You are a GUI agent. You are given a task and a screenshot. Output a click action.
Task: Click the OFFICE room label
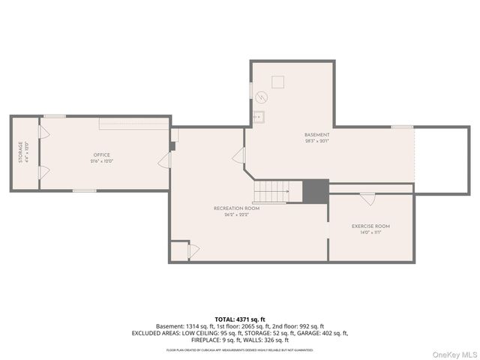click(101, 155)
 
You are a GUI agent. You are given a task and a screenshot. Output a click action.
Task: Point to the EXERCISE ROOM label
click(370, 226)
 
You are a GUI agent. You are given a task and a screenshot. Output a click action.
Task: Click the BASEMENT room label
click(316, 134)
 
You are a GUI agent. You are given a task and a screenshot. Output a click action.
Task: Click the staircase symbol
click(269, 192)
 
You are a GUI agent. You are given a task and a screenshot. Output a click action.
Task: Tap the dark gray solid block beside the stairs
click(315, 191)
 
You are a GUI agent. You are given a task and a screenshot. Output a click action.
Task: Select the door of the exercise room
click(367, 199)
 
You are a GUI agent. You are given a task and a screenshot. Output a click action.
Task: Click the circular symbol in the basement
click(262, 97)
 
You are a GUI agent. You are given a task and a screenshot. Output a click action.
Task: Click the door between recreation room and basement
click(239, 155)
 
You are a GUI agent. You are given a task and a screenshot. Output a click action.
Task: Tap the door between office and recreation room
click(163, 160)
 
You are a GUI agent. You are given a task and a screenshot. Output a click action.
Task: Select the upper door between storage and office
click(43, 133)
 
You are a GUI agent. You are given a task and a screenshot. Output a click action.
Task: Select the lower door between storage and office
click(43, 172)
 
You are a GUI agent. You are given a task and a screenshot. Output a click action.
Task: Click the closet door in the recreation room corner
click(193, 251)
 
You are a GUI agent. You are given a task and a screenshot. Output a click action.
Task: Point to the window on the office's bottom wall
click(84, 190)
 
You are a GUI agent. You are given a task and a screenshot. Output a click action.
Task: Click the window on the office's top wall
click(54, 115)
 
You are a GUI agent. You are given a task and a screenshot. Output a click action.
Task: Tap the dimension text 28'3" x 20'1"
click(316, 141)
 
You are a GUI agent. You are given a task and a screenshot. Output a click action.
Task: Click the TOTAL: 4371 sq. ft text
click(239, 319)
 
